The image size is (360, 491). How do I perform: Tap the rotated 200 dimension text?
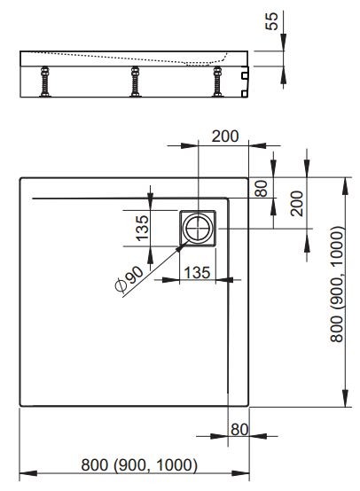[296, 203]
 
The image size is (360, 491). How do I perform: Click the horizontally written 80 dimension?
[238, 430]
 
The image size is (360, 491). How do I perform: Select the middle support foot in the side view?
[135, 84]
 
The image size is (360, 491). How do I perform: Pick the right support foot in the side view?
[218, 84]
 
